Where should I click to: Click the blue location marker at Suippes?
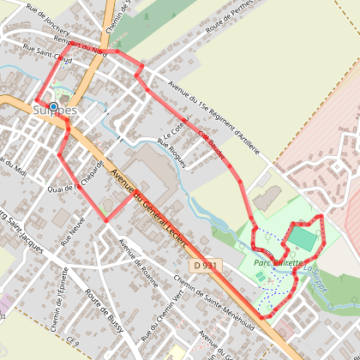pos(54,107)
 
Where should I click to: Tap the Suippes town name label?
pos(57,111)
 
